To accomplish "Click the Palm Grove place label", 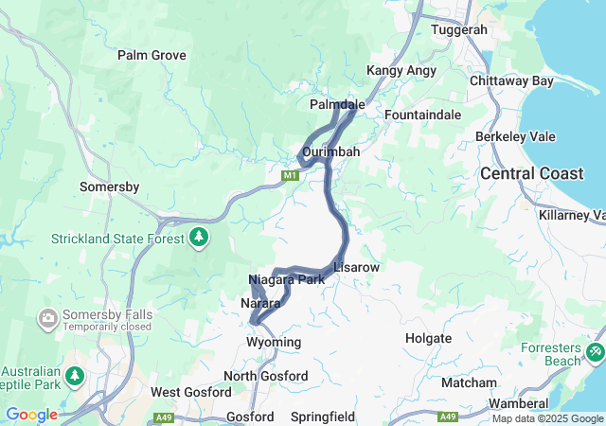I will [x=151, y=55].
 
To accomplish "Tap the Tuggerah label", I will [x=458, y=29].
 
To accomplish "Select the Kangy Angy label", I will [x=401, y=71].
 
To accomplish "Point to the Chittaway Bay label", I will [x=511, y=81].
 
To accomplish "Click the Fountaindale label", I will [x=422, y=115].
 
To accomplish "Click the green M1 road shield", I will [x=290, y=175].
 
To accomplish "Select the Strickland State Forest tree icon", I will [x=199, y=236].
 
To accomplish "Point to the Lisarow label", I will [x=356, y=268].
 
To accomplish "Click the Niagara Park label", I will [x=286, y=279].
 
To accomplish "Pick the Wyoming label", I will [x=274, y=342].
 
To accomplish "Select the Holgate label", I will [x=427, y=337].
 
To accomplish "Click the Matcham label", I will [x=469, y=382].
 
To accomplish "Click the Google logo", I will [x=31, y=415].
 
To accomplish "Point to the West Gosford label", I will [x=190, y=392].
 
